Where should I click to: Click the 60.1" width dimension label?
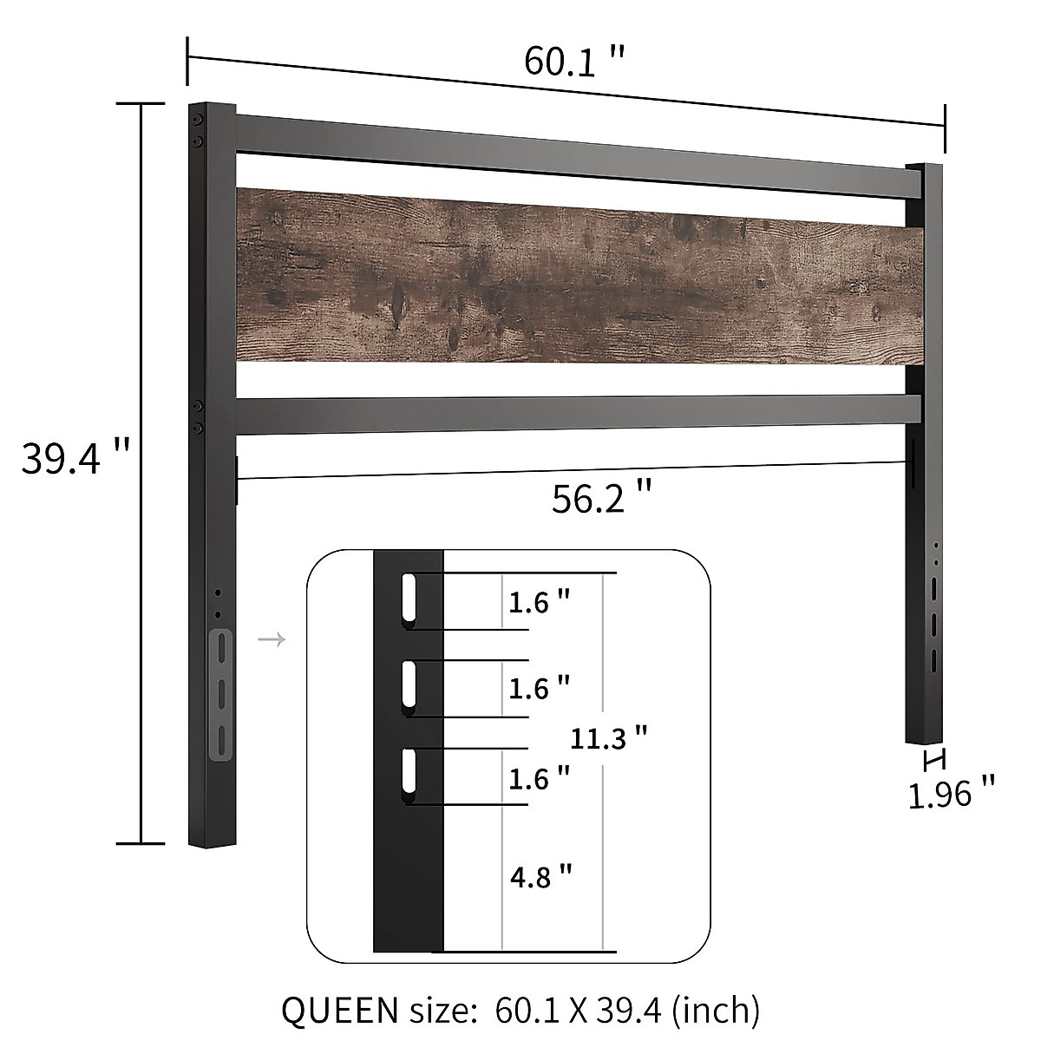point(573,62)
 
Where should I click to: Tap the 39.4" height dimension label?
point(75,457)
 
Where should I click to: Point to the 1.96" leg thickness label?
point(951,793)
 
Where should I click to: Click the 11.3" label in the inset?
point(610,738)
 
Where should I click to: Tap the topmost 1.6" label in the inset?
point(540,602)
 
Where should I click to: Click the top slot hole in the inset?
point(409,597)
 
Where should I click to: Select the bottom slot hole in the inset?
point(409,774)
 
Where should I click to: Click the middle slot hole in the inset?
point(409,687)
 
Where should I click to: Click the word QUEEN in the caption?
point(335,1010)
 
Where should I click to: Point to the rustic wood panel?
point(579,276)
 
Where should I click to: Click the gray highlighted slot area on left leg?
point(221,694)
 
